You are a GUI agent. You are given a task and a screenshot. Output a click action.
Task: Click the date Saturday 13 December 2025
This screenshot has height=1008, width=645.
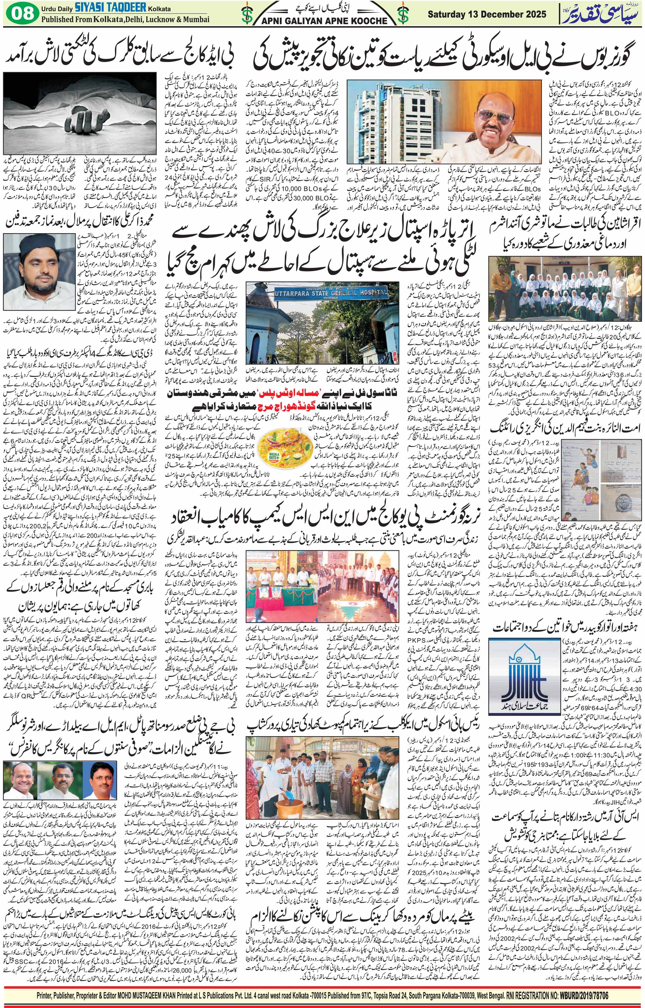coord(487,14)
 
